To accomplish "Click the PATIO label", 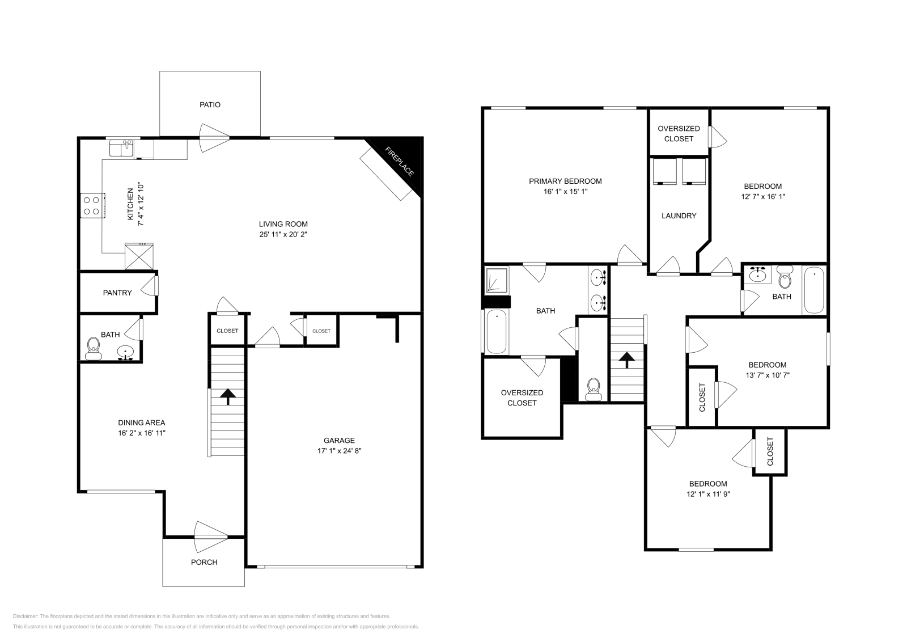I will (210, 105).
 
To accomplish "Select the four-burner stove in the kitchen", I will (93, 205).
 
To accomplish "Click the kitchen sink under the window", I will (121, 149).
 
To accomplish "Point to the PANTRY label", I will (117, 293).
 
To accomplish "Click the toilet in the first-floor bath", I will (93, 348).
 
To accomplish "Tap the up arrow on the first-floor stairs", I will (228, 396).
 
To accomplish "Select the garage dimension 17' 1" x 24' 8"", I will (339, 451).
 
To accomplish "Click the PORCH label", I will (204, 562).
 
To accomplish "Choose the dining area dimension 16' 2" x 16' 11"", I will (142, 433).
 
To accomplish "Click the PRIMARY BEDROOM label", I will (565, 181).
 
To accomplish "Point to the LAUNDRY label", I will (679, 216).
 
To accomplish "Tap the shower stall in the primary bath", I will (497, 280).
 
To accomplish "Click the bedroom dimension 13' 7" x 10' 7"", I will (768, 375).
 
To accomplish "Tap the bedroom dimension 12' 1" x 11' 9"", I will (708, 494).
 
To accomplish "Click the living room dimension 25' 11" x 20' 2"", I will (283, 234).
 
